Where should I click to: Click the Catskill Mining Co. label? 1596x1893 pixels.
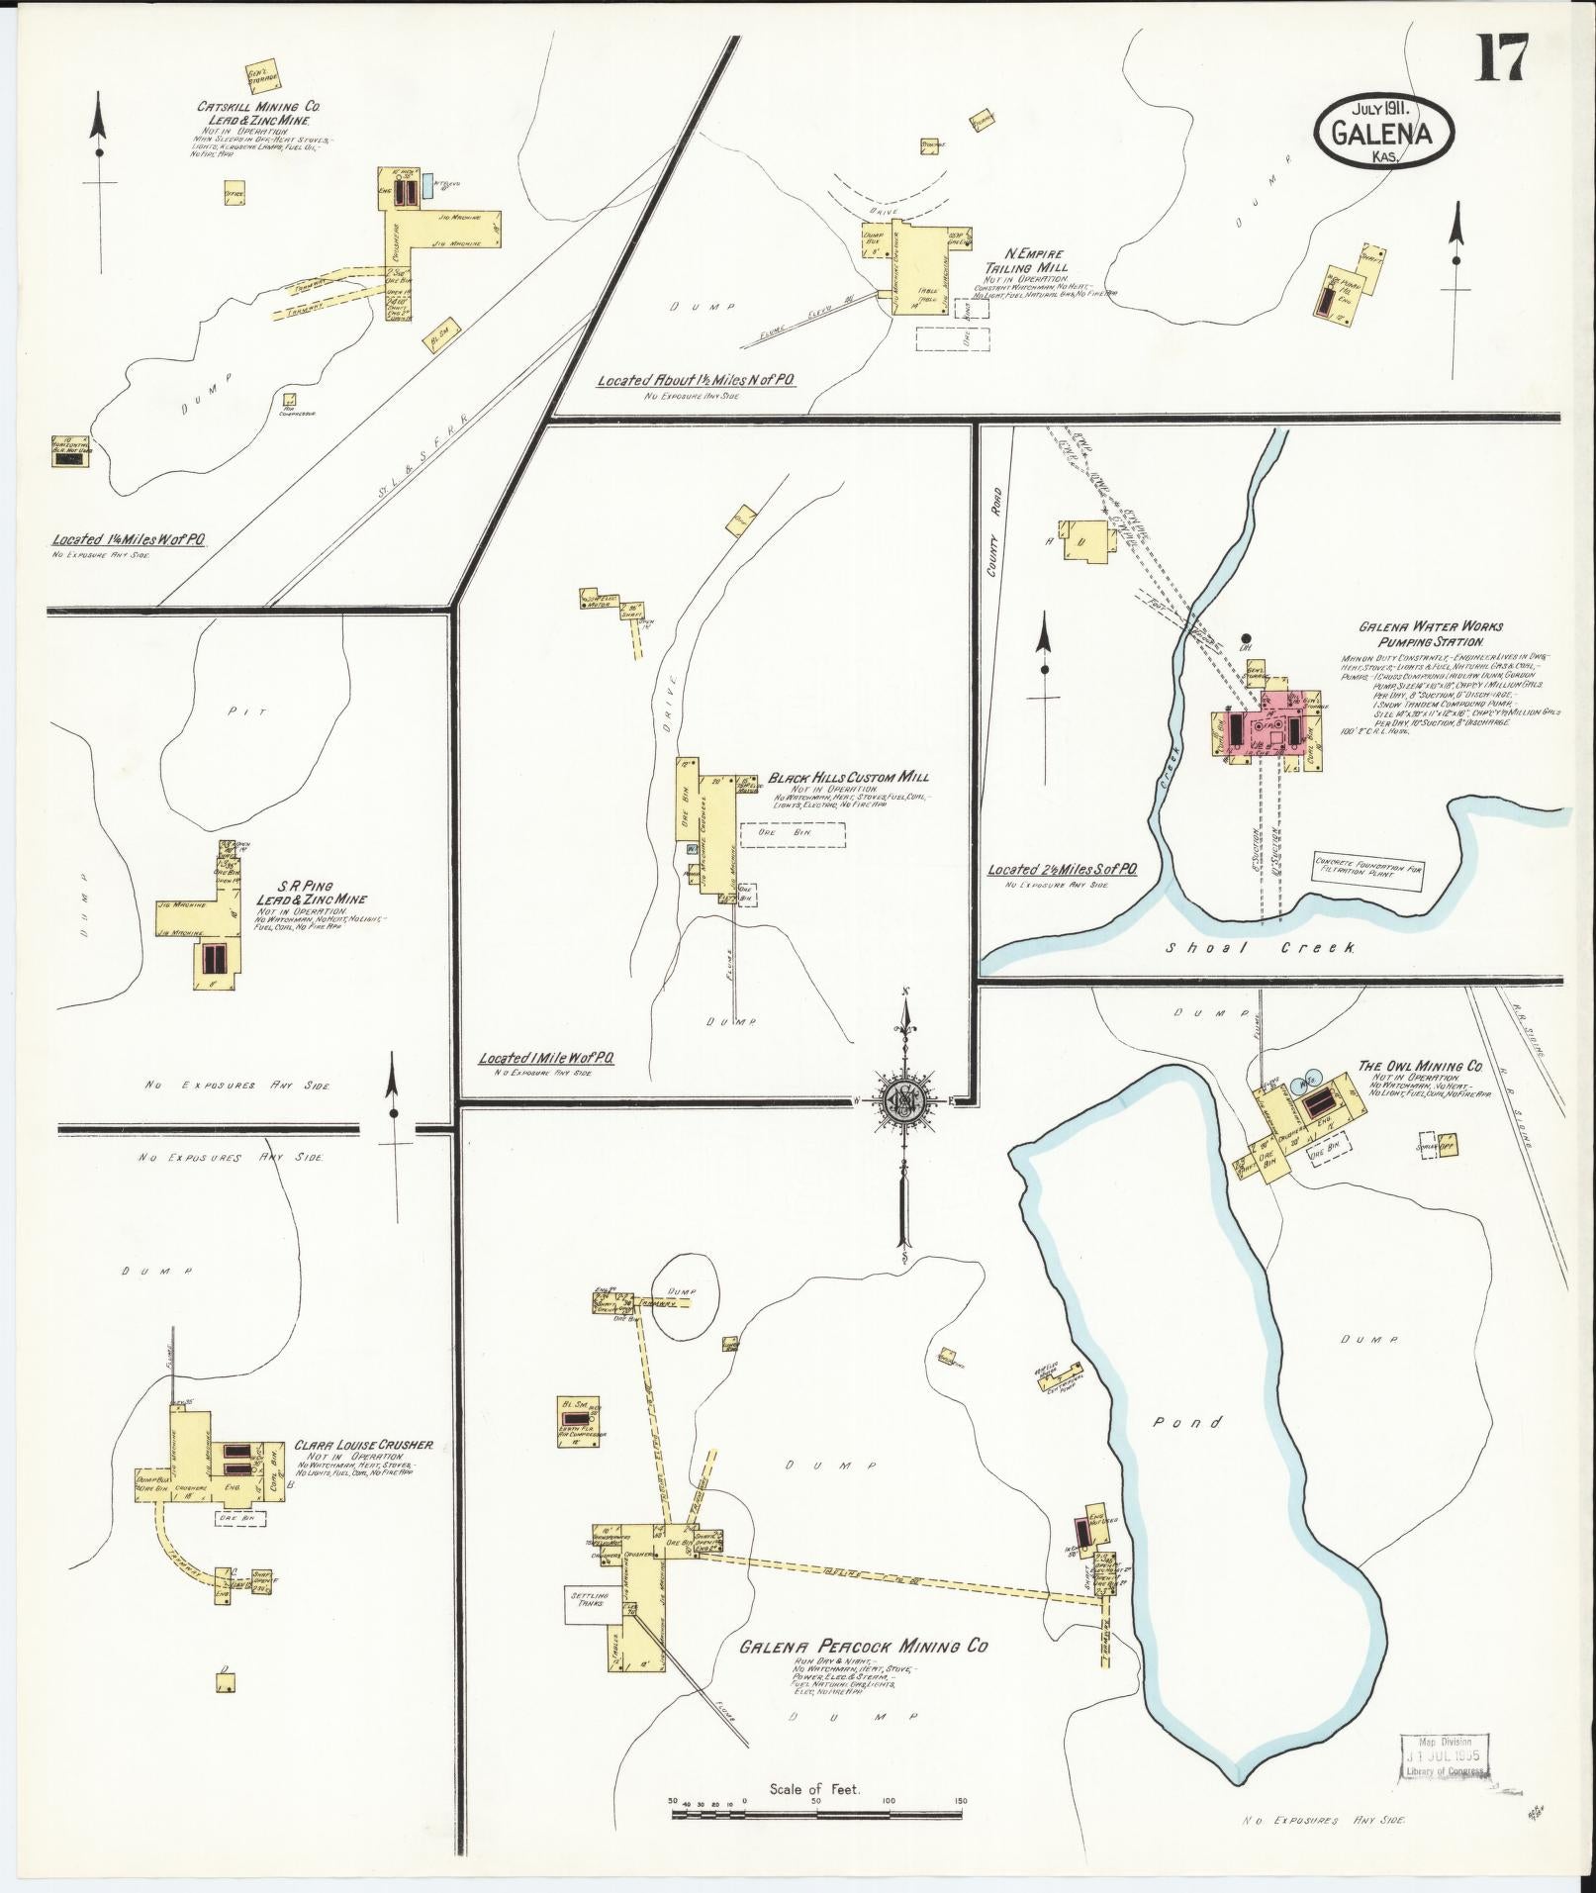point(258,106)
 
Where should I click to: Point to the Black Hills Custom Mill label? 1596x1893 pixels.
point(849,778)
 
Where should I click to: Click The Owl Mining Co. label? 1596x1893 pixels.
point(1419,1067)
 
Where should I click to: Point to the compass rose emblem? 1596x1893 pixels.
point(903,1100)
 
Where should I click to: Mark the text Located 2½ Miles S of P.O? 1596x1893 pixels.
point(1062,868)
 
